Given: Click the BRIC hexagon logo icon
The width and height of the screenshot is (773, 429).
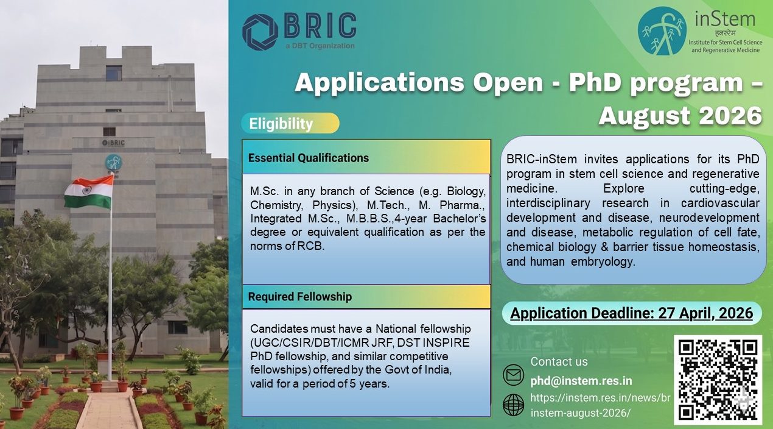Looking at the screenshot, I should click(261, 31).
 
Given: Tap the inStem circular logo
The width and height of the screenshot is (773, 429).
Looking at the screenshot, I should click(662, 31).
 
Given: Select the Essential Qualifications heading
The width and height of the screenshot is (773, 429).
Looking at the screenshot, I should click(309, 158).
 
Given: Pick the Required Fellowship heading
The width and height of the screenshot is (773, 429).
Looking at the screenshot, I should click(300, 297).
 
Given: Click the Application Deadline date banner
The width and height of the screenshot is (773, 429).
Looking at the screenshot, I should click(632, 313).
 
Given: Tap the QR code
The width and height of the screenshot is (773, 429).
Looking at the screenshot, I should click(718, 380).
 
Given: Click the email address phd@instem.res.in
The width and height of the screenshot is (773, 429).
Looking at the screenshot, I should click(581, 381).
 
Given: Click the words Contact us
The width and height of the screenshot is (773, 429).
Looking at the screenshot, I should click(559, 361).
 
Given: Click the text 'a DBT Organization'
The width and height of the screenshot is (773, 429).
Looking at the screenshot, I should click(320, 46).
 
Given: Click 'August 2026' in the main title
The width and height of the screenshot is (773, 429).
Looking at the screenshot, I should click(679, 115).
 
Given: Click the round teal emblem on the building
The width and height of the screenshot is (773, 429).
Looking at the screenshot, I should click(113, 162).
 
